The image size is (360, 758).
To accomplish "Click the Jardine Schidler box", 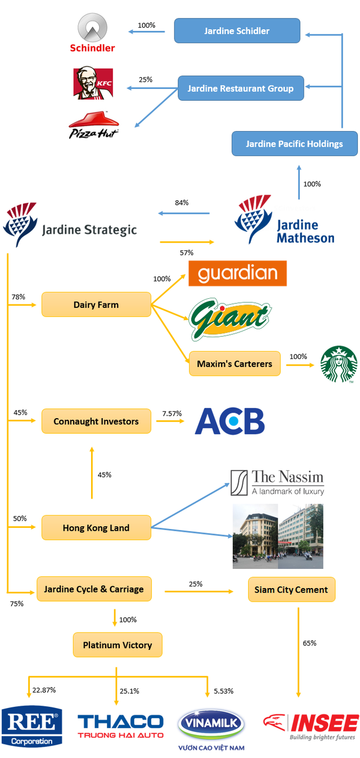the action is [x=237, y=31].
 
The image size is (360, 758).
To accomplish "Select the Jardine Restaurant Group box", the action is [x=241, y=88].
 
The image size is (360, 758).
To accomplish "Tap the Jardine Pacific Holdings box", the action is [x=294, y=144].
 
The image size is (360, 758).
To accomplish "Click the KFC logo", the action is [x=93, y=83].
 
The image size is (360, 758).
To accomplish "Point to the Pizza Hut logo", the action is [x=94, y=125].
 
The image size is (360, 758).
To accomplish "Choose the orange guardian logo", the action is [x=237, y=273].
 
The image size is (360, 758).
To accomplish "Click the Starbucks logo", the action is [x=339, y=364].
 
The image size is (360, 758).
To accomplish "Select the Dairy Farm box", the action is [x=96, y=304].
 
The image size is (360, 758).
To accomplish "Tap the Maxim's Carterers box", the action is [x=235, y=364].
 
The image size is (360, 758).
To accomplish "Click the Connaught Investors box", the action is [x=96, y=421].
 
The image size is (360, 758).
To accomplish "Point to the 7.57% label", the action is [x=172, y=414].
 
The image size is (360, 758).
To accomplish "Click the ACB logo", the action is [x=229, y=421].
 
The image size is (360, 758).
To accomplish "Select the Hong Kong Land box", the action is [x=96, y=528].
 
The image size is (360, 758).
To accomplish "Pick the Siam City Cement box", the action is [x=291, y=590].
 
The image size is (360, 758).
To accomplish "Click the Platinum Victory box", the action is [x=118, y=645].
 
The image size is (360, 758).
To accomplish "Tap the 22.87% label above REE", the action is [x=44, y=690].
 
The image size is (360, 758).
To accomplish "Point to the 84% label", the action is [x=182, y=203].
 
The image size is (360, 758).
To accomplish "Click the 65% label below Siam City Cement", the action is [x=309, y=643].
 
